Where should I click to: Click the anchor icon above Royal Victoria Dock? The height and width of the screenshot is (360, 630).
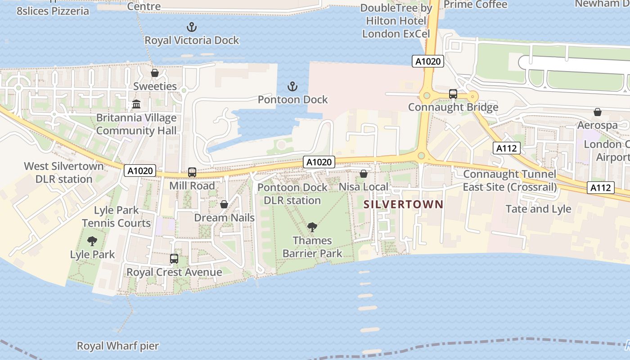(192, 27)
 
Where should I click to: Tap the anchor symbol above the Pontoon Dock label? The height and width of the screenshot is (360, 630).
(292, 86)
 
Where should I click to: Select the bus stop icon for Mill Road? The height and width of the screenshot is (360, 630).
(192, 172)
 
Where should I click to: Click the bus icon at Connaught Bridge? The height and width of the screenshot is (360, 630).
(453, 94)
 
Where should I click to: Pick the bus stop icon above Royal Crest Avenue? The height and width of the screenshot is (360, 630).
(174, 259)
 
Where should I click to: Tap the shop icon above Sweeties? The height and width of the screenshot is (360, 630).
(155, 73)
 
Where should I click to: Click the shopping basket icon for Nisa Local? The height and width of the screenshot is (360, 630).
(363, 174)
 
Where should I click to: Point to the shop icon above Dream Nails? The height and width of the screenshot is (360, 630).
(224, 205)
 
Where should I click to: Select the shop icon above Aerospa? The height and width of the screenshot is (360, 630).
(597, 112)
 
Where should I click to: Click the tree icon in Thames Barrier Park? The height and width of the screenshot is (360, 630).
(312, 227)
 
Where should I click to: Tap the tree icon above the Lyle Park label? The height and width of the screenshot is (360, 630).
(92, 241)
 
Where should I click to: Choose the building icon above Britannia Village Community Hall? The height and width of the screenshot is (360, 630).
(136, 105)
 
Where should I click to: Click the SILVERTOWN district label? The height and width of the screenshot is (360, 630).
(403, 204)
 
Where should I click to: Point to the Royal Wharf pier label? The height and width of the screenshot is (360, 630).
(118, 346)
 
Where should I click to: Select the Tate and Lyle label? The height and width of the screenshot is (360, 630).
(538, 209)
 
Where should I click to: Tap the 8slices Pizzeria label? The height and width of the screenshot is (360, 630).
(53, 11)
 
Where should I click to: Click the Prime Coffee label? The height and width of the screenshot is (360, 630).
(475, 4)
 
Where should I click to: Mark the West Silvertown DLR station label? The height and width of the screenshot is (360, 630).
(64, 172)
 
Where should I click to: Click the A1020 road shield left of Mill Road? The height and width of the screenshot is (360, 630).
(140, 171)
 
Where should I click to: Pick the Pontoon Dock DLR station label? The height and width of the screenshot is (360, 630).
(292, 194)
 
